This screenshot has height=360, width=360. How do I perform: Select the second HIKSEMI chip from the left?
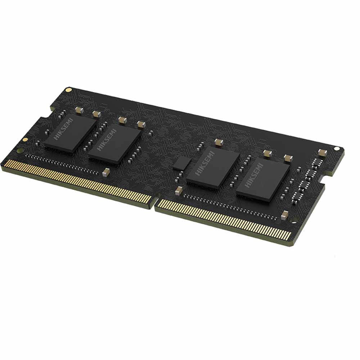point(114,145)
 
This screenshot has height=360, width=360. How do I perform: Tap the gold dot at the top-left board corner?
point(68,90)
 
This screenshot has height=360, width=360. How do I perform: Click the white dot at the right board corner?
point(337,149)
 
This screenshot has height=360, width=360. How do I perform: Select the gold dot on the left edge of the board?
point(25,139)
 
